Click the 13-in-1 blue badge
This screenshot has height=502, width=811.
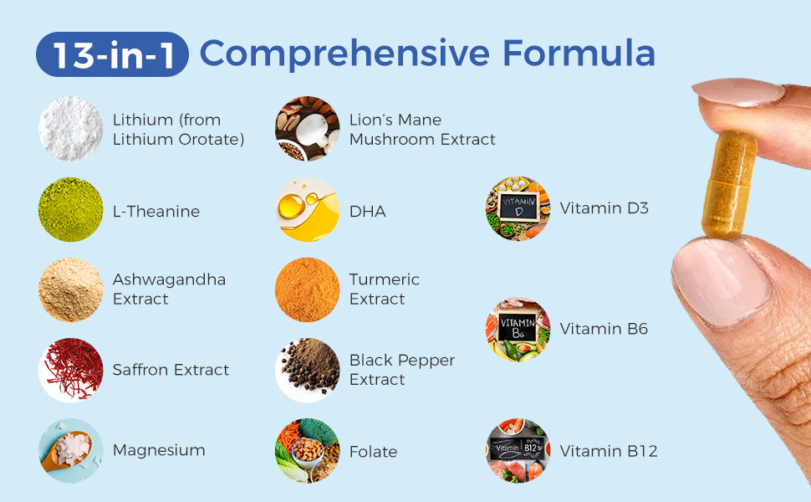(x=112, y=54)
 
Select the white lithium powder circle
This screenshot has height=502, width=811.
(x=70, y=129)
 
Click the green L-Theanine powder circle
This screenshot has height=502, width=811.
(x=70, y=210)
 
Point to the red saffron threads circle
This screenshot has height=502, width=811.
(x=70, y=370)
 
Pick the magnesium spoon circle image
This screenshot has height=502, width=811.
(x=70, y=450)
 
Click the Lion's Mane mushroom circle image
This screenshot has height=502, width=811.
(x=308, y=129)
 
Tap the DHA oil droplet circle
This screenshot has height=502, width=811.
(x=308, y=210)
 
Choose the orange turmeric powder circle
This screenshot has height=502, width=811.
(x=308, y=289)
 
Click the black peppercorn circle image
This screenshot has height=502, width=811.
(x=308, y=370)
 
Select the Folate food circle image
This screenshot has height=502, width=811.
(x=308, y=450)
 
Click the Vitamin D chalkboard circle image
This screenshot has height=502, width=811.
(x=518, y=208)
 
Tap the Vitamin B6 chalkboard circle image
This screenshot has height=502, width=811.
(x=518, y=329)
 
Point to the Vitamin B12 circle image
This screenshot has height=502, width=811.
(x=518, y=450)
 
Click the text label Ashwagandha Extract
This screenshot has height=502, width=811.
(x=169, y=289)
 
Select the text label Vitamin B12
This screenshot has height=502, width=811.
(x=609, y=451)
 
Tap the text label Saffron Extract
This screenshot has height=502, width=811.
(x=171, y=370)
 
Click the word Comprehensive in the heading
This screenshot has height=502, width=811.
(x=344, y=53)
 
